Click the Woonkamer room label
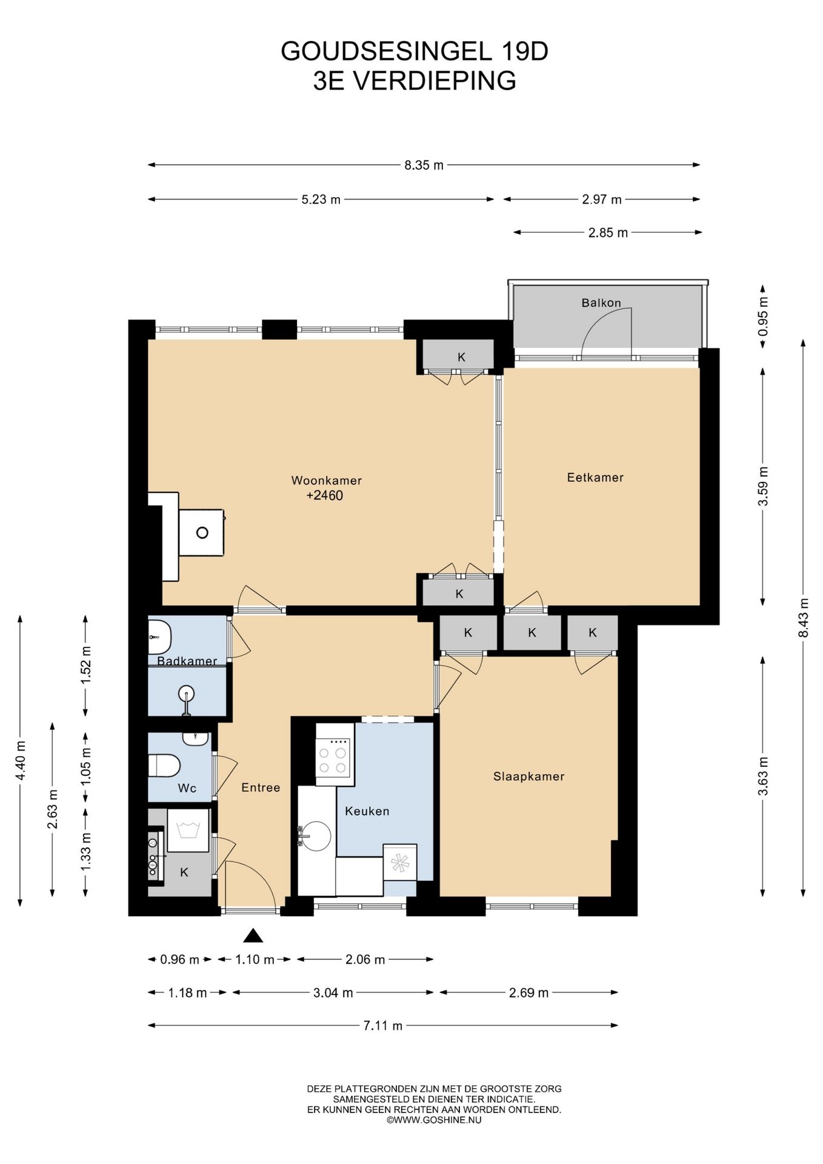tap(326, 481)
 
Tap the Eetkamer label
tap(595, 478)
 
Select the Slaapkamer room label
tap(528, 777)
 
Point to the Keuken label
tap(367, 811)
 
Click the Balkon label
tap(601, 303)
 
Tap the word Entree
tap(261, 788)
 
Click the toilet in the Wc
tap(164, 765)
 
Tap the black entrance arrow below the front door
tap(253, 936)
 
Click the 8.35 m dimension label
tap(424, 165)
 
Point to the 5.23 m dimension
tap(321, 199)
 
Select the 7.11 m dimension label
tap(383, 1026)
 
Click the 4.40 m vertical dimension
tap(21, 760)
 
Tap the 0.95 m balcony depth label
tap(763, 316)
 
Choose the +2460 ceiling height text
tap(325, 496)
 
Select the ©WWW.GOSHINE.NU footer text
tap(434, 1120)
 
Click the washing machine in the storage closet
tap(188, 830)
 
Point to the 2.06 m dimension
tap(365, 960)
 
